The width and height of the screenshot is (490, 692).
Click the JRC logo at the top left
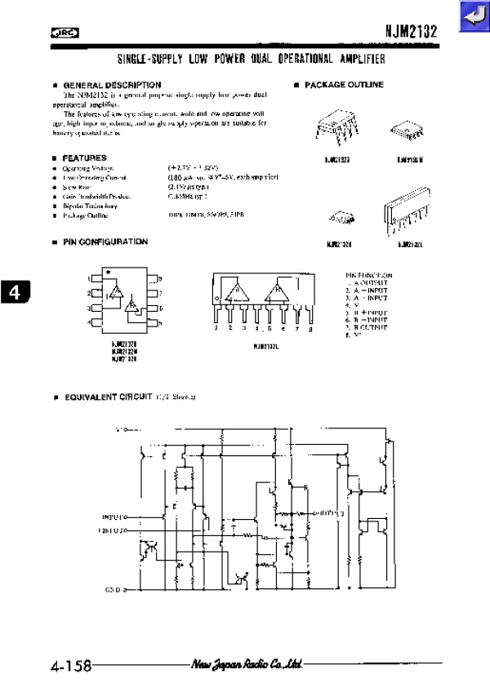pos(63,33)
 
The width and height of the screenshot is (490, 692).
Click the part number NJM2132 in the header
pos(412,32)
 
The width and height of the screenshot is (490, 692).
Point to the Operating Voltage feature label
pos(87,168)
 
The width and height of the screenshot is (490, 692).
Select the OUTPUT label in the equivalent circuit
pos(329,513)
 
